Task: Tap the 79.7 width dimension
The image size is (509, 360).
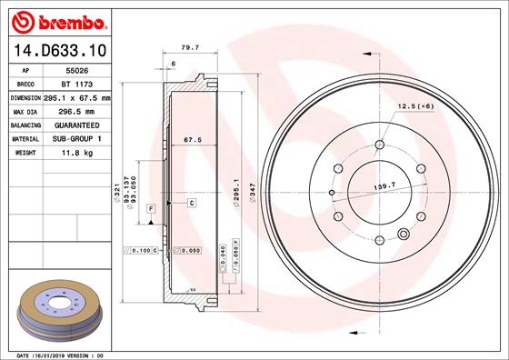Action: click(x=189, y=45)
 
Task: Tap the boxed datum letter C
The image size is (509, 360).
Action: click(x=193, y=202)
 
